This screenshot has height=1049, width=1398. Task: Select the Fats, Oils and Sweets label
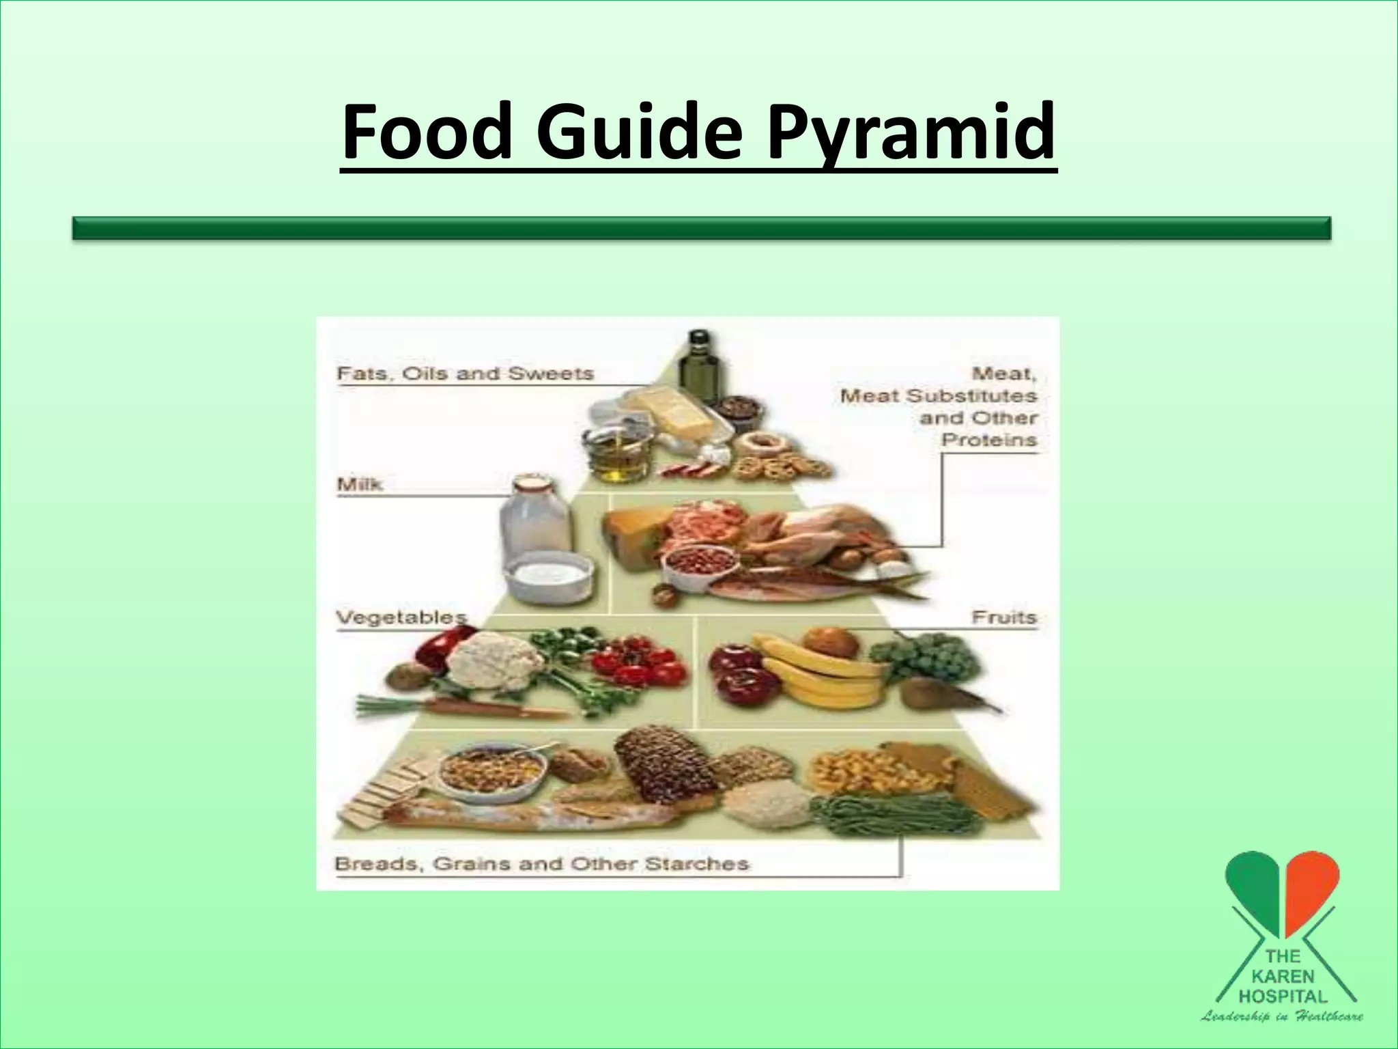point(466,374)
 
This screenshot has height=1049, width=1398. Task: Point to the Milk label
point(360,485)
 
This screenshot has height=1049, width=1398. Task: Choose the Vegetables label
point(401,617)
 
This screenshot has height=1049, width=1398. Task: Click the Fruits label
point(1003,617)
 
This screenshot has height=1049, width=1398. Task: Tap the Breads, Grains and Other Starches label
point(541,864)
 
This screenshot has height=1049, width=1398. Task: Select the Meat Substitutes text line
point(938,396)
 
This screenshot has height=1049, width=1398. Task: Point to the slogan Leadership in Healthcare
point(1282,1017)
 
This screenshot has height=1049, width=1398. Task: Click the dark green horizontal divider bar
point(701,228)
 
